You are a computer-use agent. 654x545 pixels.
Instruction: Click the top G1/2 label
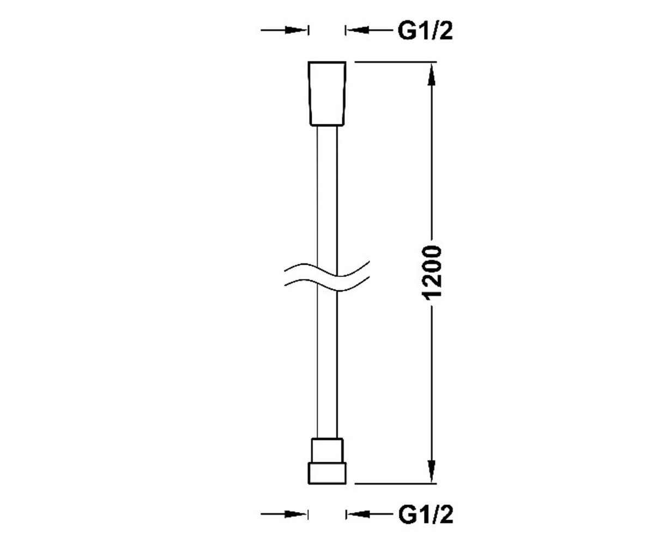pos(425,31)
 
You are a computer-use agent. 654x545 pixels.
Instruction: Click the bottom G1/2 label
pos(426,514)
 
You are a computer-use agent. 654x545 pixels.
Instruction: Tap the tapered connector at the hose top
pos(327,94)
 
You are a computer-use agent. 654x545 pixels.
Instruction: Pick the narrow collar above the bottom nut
pos(327,450)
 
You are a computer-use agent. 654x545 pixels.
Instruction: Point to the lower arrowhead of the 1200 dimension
pos(432,471)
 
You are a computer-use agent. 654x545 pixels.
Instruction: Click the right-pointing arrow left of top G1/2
pos(284,31)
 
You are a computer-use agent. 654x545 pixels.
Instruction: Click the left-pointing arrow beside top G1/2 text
pos(370,31)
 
